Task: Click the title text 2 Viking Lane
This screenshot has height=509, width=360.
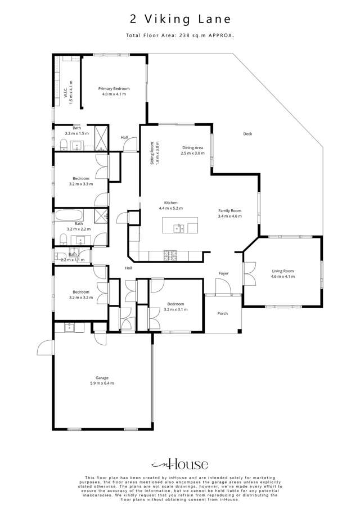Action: [180, 19]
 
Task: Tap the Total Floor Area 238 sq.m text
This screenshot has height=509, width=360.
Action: [180, 35]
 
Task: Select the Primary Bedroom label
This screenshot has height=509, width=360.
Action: [114, 91]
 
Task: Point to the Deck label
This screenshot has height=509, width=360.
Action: [247, 134]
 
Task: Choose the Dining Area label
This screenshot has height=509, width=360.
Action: [192, 150]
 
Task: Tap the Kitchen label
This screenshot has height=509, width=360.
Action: [170, 205]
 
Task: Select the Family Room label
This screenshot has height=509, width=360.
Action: [229, 213]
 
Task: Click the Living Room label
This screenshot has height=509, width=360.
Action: [282, 274]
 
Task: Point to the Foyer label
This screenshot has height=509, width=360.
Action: [223, 273]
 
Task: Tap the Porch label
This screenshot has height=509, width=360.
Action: [222, 313]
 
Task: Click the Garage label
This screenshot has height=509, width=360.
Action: [102, 380]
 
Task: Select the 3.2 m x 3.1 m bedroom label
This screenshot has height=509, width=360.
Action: [174, 307]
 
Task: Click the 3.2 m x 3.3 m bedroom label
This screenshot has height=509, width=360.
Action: [81, 181]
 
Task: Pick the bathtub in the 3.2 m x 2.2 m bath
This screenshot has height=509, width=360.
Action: [69, 215]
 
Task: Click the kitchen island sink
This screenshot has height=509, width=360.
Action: [179, 228]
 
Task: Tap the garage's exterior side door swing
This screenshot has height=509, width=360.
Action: [45, 349]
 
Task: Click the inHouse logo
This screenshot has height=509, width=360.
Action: [180, 464]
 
